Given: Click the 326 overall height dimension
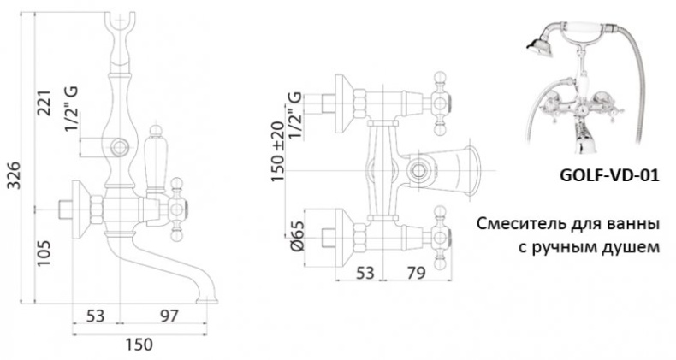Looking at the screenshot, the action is (x=15, y=175).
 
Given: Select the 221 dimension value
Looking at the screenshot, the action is (x=44, y=103).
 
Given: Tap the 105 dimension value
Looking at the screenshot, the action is (x=44, y=253).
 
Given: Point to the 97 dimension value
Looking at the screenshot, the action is (x=169, y=316).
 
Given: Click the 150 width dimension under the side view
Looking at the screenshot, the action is (x=139, y=345).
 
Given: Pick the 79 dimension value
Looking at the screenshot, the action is (x=416, y=273).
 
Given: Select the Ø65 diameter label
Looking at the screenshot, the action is (x=298, y=236).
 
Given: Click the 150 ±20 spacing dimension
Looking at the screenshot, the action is (x=278, y=151).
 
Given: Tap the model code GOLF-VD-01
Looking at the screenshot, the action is (x=609, y=175).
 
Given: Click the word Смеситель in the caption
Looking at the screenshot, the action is (x=516, y=224).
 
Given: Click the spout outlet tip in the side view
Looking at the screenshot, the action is (x=206, y=299).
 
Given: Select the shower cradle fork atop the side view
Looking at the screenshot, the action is (x=121, y=26).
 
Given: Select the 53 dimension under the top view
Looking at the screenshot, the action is (x=365, y=273).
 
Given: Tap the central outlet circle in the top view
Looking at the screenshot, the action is (x=418, y=170).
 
